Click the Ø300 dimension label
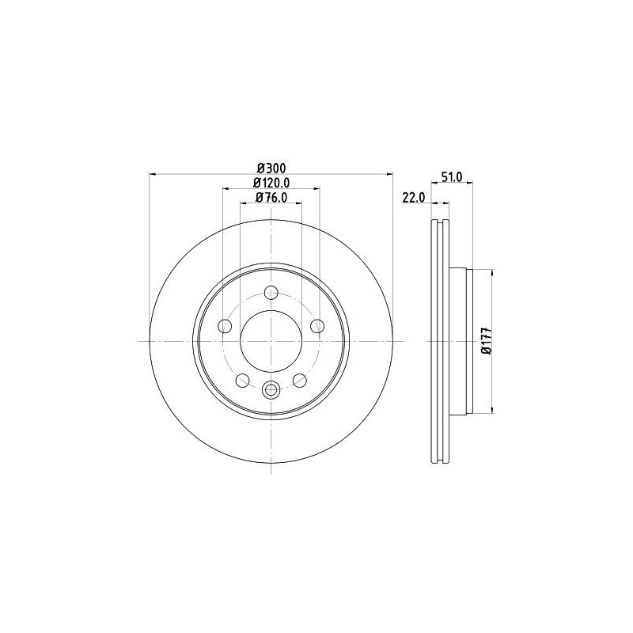pyautogui.click(x=271, y=168)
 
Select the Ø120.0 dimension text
pyautogui.click(x=271, y=183)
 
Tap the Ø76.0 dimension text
pyautogui.click(x=271, y=197)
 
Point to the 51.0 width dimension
pyautogui.click(x=452, y=176)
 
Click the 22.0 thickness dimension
pyautogui.click(x=413, y=197)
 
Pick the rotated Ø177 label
pyautogui.click(x=487, y=341)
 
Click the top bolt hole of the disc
pyautogui.click(x=271, y=292)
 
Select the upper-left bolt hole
pyautogui.click(x=225, y=326)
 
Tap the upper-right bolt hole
pyautogui.click(x=317, y=326)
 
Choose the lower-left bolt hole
pyautogui.click(x=242, y=380)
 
